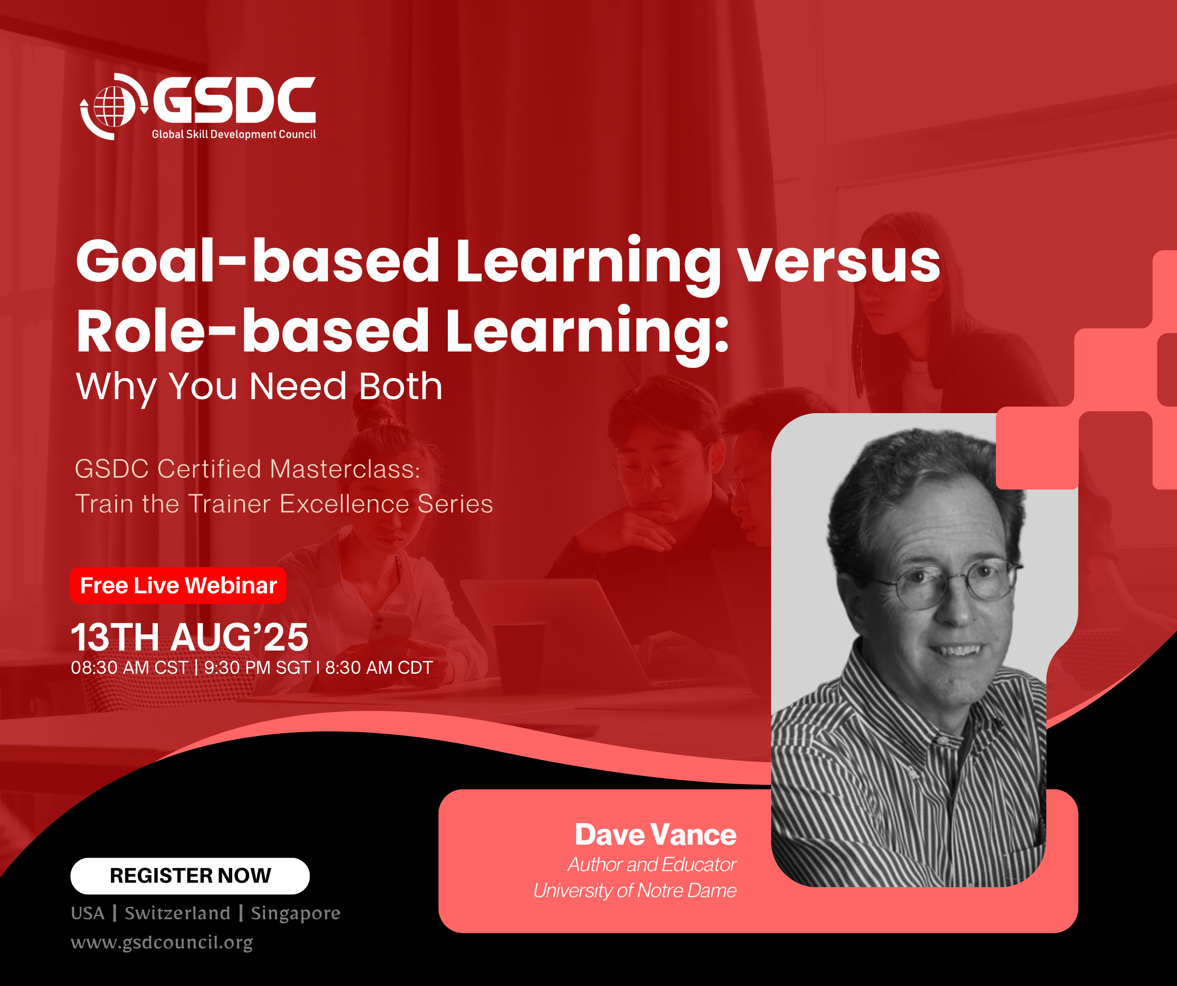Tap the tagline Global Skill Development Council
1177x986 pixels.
point(234,135)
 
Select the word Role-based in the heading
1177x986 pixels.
point(253,331)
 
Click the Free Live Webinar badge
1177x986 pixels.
point(178,585)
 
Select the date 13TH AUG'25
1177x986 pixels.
point(189,638)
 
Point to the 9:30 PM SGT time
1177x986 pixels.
point(257,668)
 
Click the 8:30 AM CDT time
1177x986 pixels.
point(379,668)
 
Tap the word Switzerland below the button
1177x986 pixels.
point(177,913)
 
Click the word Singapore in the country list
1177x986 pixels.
point(295,913)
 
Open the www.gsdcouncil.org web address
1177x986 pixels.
point(162,942)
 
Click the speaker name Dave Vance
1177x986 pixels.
point(656,835)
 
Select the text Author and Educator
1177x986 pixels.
point(652,864)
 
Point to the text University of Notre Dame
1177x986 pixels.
point(635,891)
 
